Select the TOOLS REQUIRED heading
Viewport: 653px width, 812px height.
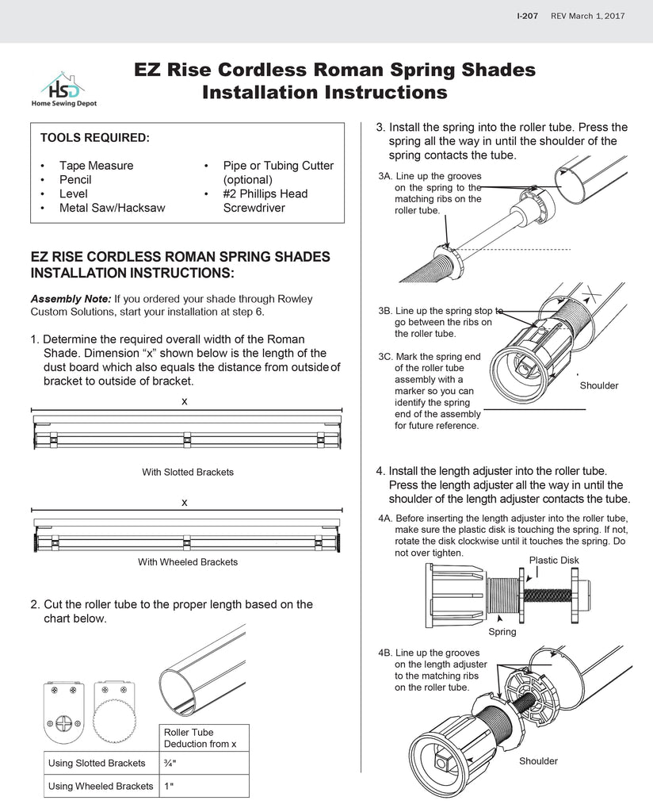(94, 138)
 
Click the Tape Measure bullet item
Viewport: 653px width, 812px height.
(96, 166)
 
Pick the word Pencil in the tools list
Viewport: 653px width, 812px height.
(75, 180)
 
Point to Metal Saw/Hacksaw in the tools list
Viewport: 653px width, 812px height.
(112, 208)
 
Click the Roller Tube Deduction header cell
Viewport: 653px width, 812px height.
(204, 737)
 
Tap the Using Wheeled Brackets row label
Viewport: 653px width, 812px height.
(101, 786)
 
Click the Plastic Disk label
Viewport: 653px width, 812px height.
(553, 560)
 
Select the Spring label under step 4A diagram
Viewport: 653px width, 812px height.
(502, 632)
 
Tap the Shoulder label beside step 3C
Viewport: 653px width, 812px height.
(599, 385)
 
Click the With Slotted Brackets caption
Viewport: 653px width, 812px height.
(188, 472)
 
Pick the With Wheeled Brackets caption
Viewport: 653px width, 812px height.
(188, 562)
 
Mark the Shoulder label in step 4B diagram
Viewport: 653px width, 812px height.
(539, 761)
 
